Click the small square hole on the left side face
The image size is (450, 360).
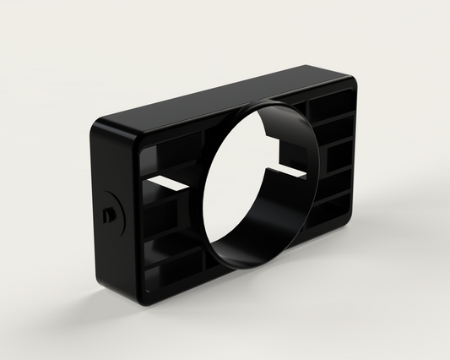pos(107,215)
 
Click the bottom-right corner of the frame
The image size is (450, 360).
pos(349,221)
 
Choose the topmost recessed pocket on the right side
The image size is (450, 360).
pos(330,106)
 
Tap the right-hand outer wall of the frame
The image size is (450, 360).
pos(353,152)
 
